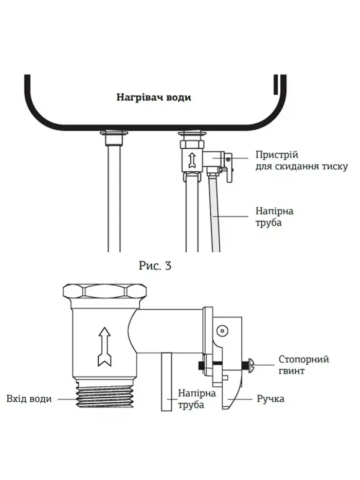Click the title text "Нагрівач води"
(x=153, y=97)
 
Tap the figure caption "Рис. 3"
(x=155, y=266)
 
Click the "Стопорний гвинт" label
(x=303, y=365)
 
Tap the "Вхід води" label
(x=29, y=399)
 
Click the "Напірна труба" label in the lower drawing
(x=191, y=399)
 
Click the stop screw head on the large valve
(x=250, y=366)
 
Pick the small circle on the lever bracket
(x=222, y=330)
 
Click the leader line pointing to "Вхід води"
(x=64, y=399)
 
